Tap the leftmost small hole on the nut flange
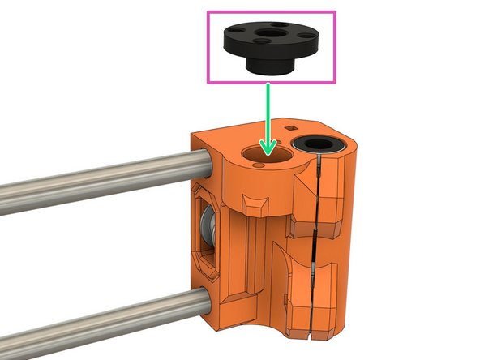237,28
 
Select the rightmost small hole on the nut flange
303,35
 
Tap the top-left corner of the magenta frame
209,12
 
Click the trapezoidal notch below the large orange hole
259,203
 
